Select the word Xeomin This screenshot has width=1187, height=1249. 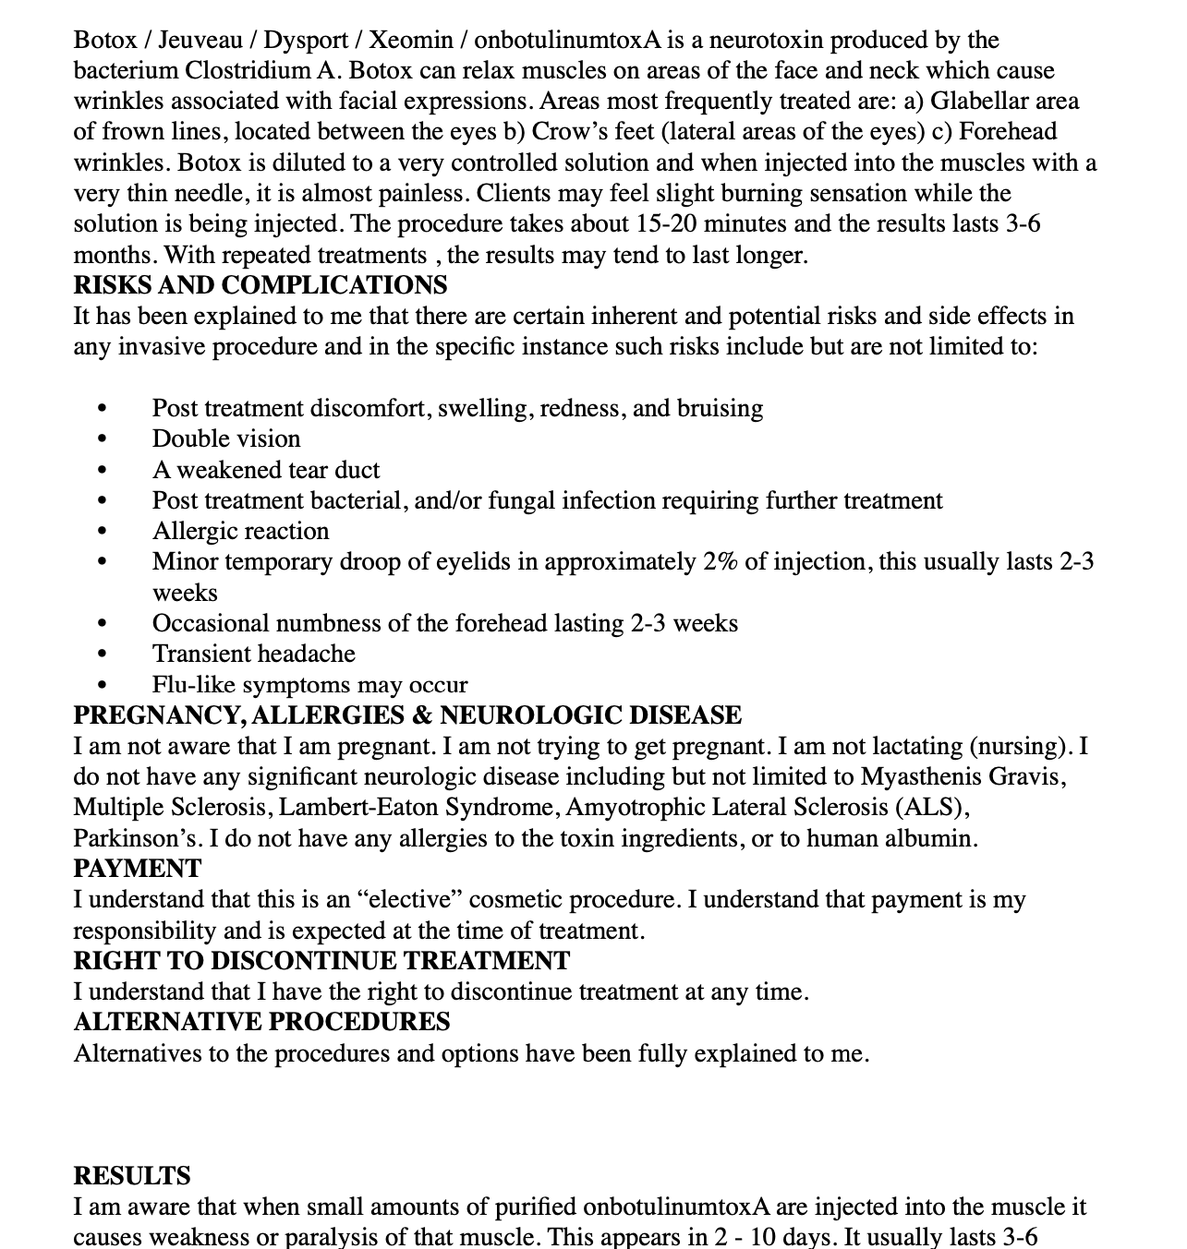(411, 40)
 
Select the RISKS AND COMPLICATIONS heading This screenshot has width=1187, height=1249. (260, 284)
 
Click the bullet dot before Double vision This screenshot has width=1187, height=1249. (102, 439)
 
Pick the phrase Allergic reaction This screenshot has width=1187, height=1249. (240, 531)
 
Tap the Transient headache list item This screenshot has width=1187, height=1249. (253, 654)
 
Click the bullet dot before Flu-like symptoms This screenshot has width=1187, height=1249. (102, 685)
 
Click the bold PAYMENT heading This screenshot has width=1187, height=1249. (137, 869)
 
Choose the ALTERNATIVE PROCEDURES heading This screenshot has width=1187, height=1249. (261, 1022)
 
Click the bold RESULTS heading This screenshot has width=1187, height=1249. (132, 1176)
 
